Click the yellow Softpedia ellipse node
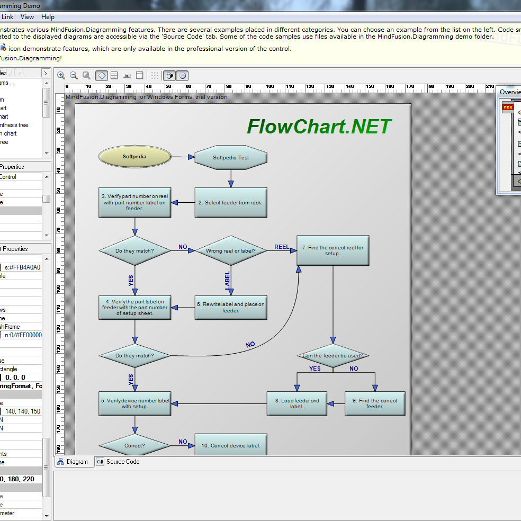tap(134, 157)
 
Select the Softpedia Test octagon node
tap(230, 157)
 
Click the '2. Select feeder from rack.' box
tap(230, 202)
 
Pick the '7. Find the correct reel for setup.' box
tap(333, 250)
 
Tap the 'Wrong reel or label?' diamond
tap(230, 250)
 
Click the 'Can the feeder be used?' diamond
tap(333, 356)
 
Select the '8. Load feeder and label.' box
tap(297, 403)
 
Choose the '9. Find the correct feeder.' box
tap(374, 403)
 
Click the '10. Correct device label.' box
tap(230, 445)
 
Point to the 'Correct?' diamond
tap(134, 445)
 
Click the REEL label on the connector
tap(282, 247)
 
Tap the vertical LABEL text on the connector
tap(227, 281)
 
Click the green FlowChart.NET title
tap(319, 127)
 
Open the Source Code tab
tap(122, 462)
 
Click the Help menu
tap(48, 17)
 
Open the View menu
tap(28, 17)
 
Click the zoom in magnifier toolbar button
tap(61, 76)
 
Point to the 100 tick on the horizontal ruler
tap(270, 86)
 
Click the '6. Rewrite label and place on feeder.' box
tap(230, 308)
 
